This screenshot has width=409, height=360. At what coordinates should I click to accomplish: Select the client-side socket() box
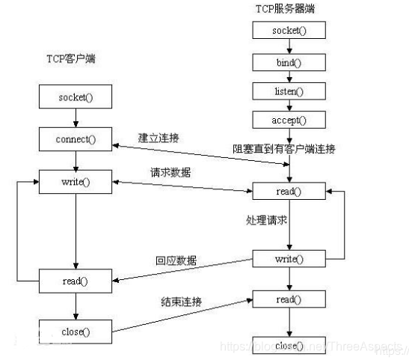point(75,97)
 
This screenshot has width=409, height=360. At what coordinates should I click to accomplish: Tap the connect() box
point(75,138)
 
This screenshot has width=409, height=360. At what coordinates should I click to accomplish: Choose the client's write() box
point(75,182)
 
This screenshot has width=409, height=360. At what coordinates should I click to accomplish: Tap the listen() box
point(289,91)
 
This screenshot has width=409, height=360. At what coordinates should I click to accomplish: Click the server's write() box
point(289,259)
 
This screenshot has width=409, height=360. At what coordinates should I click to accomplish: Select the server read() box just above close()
point(289,299)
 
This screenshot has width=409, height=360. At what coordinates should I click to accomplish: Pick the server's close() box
point(289,346)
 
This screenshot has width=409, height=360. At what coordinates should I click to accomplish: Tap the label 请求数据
point(170,173)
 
